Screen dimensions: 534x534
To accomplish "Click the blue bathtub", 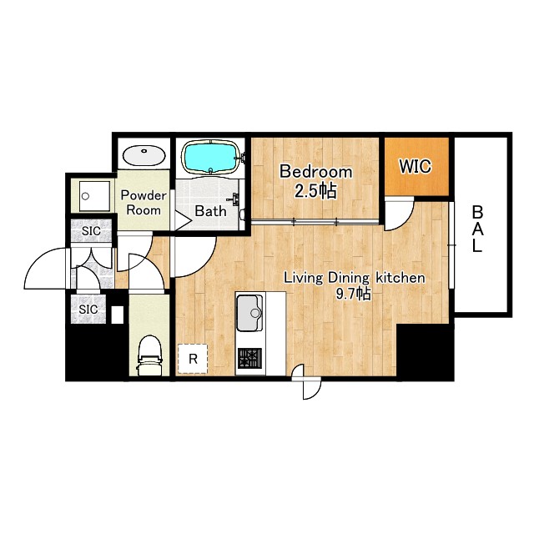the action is coord(211,157).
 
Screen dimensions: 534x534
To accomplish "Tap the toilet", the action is coord(149,355).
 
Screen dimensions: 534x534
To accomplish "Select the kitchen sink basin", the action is coord(249,313).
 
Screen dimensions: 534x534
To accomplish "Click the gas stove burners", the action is coord(249,358).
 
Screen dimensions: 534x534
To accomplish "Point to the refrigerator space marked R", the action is coord(193,359).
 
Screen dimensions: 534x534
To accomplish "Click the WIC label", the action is coord(416,167).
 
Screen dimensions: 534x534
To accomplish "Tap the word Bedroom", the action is coord(315,172).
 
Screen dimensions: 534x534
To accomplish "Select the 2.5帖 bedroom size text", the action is coord(315,191).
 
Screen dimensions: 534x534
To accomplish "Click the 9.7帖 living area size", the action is coord(354,295).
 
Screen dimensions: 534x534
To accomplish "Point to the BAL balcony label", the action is coord(477,229).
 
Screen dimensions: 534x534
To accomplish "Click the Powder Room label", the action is coord(144,203).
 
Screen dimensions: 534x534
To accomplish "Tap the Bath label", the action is coord(210,211).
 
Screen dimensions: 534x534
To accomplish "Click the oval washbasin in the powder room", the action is coord(144,156).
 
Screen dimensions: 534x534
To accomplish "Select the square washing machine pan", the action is coord(95,196).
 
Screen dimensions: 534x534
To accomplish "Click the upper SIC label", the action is coord(91,231).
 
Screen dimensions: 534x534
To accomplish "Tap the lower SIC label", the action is coord(88,310).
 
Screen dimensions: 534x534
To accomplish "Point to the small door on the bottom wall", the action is coord(308,382).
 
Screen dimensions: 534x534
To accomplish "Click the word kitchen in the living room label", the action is coord(400,278).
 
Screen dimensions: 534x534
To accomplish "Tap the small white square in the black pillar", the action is coord(118,315).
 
